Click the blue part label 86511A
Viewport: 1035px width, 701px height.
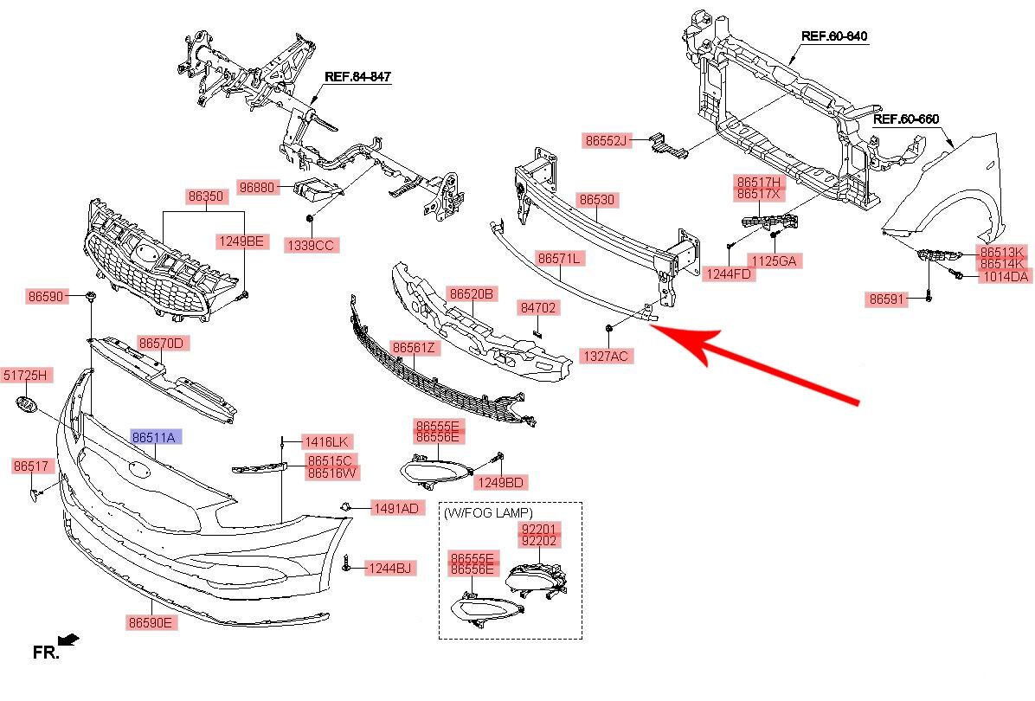click(153, 438)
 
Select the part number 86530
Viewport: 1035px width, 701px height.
click(597, 201)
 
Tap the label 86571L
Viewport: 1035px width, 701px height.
click(559, 258)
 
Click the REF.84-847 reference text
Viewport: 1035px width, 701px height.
click(357, 77)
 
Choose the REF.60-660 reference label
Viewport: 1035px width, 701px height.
click(906, 119)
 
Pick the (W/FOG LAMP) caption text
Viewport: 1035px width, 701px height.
click(489, 513)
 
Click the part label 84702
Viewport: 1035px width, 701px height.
click(538, 307)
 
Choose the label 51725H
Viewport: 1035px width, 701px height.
click(28, 375)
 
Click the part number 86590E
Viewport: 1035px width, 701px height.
click(151, 622)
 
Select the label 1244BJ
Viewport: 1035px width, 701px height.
click(390, 569)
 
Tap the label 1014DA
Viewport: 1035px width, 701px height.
click(1003, 277)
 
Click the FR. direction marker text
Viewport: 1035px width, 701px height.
click(46, 653)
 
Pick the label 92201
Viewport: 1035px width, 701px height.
click(539, 528)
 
